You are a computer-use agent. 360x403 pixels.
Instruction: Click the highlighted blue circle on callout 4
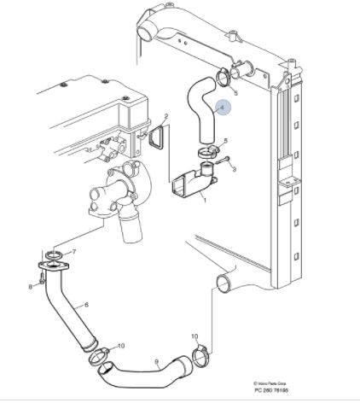click(x=224, y=108)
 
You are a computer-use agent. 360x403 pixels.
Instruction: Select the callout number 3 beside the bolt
click(x=234, y=167)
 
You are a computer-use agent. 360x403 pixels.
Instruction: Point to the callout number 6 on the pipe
click(x=85, y=305)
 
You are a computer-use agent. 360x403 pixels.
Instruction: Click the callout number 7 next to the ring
click(x=74, y=252)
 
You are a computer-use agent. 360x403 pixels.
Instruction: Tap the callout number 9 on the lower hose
click(x=156, y=361)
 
